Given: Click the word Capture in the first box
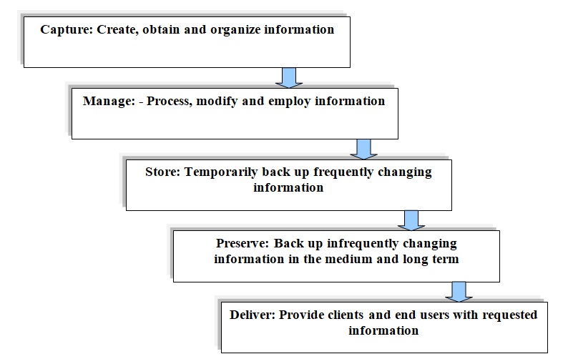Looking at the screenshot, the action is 67,30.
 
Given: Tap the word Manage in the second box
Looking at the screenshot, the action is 109,102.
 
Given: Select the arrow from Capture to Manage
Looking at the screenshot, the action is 289,77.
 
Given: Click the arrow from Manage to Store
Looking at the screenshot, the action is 363,149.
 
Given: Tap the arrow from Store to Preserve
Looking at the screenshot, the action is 411,220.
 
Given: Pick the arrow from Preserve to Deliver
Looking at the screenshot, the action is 459,292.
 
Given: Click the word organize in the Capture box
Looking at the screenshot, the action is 235,30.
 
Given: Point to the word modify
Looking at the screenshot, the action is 217,102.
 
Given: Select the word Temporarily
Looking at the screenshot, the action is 221,172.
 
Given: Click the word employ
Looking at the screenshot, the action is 290,102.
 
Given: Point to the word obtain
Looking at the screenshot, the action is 161,29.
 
